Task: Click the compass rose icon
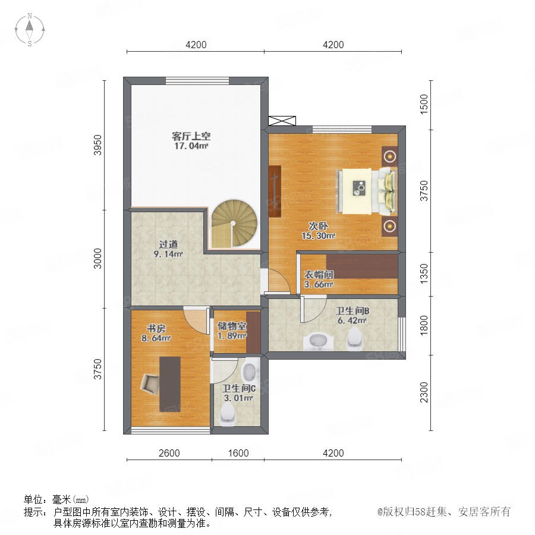click(30, 30)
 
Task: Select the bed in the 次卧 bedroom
click(367, 191)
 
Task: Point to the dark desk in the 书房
click(170, 384)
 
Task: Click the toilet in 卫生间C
click(228, 414)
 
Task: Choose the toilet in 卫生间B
click(354, 339)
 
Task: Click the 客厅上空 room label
click(191, 137)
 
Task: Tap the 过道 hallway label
click(169, 244)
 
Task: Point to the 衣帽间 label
click(319, 275)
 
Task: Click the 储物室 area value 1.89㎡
click(232, 336)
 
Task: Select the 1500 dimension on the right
click(423, 105)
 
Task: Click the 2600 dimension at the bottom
click(169, 453)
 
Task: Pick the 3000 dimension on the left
click(97, 259)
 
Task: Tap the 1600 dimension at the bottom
click(238, 453)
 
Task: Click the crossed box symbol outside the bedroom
click(282, 121)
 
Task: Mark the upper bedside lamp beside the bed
click(389, 156)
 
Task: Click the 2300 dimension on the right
click(423, 392)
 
